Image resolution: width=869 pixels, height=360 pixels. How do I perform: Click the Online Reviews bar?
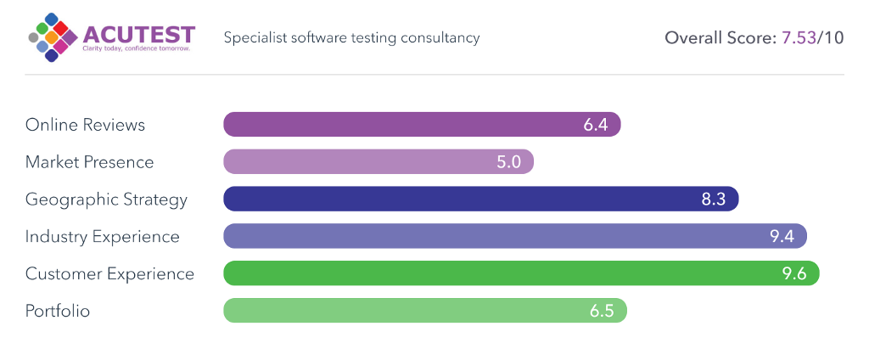point(422,125)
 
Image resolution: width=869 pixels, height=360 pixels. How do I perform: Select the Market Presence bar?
point(378,162)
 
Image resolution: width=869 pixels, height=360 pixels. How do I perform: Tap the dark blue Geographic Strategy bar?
point(480,200)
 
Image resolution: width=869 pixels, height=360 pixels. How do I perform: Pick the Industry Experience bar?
point(514,237)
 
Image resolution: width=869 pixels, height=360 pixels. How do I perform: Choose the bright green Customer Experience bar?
point(521,274)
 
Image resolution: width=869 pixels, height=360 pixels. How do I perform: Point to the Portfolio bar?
point(424,311)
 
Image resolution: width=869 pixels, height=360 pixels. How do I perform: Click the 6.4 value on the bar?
point(596,125)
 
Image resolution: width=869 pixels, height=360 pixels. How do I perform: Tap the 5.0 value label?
point(508,162)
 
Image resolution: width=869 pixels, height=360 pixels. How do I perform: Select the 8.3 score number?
point(714,200)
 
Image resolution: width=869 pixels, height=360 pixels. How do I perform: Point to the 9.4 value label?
point(782,237)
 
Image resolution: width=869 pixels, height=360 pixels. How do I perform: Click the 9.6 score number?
point(794,274)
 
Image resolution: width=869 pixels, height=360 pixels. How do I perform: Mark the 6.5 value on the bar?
point(602,311)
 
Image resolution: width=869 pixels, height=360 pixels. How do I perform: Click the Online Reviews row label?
point(85,125)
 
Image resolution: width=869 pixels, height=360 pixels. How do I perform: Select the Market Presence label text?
point(89,162)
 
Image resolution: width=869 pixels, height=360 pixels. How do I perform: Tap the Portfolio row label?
point(58,311)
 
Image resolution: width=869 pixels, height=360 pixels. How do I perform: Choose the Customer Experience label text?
point(109,274)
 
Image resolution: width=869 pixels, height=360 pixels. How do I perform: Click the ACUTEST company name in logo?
point(138,34)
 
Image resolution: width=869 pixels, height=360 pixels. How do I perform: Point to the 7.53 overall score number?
point(798,38)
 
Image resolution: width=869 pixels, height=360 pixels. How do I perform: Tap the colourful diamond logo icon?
point(53,38)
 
